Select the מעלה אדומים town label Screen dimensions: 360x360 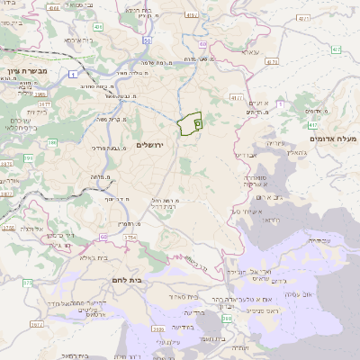coord(333,139)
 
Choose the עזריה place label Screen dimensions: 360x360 coord(276,143)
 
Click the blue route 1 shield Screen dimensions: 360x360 coord(69,75)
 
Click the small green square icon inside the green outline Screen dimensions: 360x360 coord(198,120)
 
